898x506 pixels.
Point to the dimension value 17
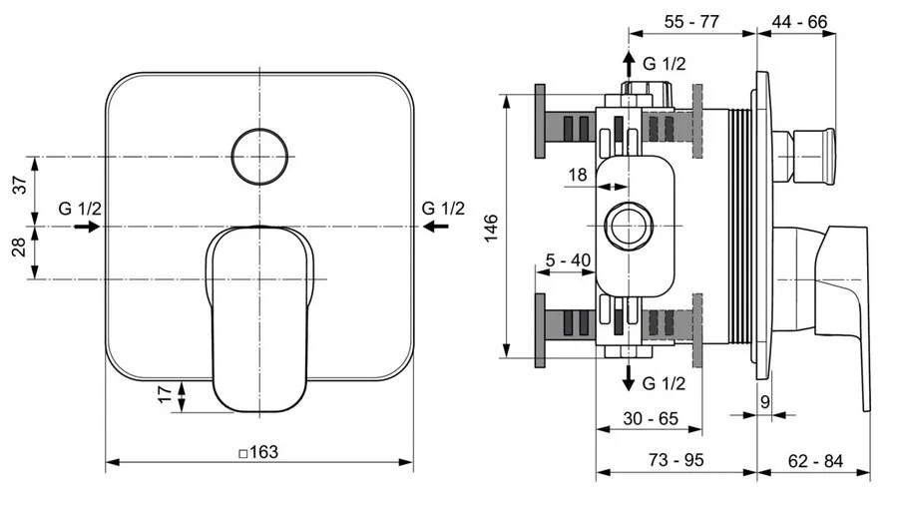click(164, 397)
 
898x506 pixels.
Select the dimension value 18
click(579, 175)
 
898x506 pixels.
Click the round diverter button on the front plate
click(260, 155)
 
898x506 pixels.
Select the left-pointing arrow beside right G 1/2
click(434, 227)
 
